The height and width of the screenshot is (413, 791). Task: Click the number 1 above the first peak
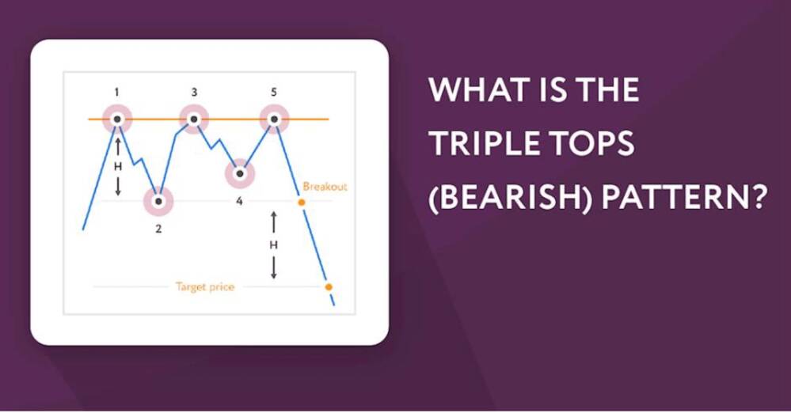117,93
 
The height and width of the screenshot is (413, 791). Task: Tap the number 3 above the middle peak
194,93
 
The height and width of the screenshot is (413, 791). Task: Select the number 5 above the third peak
274,93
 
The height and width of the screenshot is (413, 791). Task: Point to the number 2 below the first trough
158,229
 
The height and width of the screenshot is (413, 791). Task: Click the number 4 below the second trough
239,202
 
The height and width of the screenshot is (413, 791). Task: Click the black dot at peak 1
117,119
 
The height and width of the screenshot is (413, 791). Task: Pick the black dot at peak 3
194,119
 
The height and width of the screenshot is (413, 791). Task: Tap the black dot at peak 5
274,119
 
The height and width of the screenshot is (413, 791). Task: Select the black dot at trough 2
159,201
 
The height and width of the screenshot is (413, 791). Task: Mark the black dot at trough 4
240,173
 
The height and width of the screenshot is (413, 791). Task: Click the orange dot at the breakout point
301,203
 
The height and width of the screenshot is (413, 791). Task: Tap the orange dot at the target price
329,287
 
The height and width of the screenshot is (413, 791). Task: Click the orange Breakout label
325,187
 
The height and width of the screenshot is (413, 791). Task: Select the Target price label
205,287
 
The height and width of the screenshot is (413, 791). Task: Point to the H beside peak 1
117,168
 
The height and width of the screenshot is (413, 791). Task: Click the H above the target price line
273,245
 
